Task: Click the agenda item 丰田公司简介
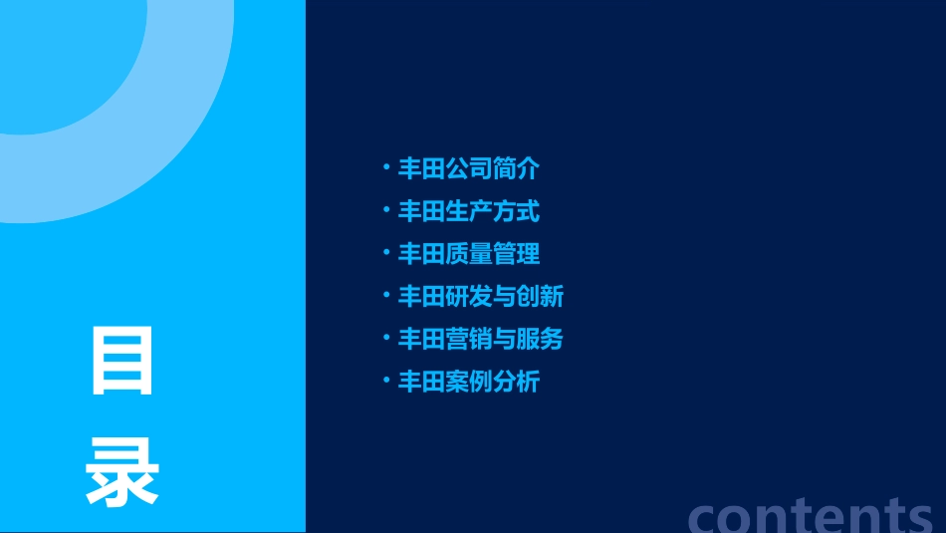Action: tap(469, 169)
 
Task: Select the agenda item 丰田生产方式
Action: tap(469, 211)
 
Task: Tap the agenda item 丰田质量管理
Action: tap(469, 254)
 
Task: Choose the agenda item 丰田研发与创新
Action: tap(481, 297)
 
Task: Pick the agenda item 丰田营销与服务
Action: tap(481, 340)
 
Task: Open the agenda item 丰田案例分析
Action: tap(469, 382)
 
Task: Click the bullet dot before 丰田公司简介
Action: tap(386, 167)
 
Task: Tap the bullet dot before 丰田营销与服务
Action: tap(386, 338)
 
